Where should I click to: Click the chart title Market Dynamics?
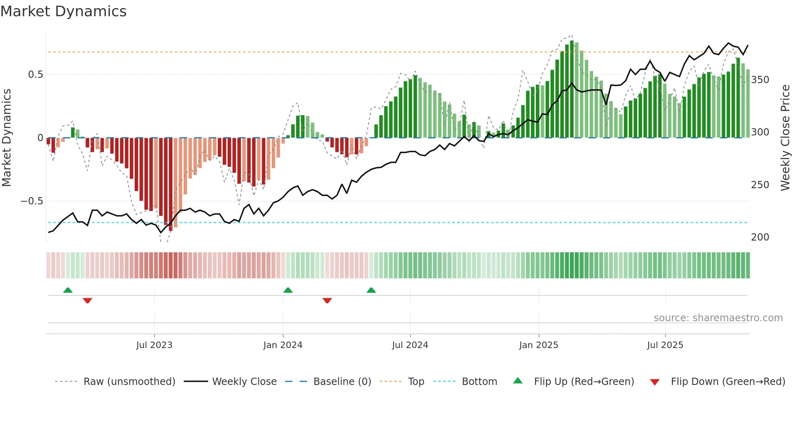pyautogui.click(x=63, y=11)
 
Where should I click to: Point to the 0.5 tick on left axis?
pyautogui.click(x=35, y=75)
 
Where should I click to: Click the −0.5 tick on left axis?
pyautogui.click(x=32, y=201)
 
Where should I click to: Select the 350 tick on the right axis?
pyautogui.click(x=760, y=80)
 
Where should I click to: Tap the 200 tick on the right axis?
pyautogui.click(x=760, y=237)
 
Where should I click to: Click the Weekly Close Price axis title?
pyautogui.click(x=785, y=138)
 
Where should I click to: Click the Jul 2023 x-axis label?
pyautogui.click(x=154, y=345)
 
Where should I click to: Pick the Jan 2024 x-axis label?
pyautogui.click(x=283, y=345)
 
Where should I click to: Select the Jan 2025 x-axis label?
pyautogui.click(x=539, y=345)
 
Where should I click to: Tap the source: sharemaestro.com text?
pyautogui.click(x=718, y=318)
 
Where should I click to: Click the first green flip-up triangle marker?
pyautogui.click(x=68, y=290)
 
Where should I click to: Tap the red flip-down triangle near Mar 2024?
pyautogui.click(x=327, y=301)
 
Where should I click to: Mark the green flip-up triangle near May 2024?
pyautogui.click(x=371, y=290)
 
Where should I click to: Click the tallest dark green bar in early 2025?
pyautogui.click(x=572, y=89)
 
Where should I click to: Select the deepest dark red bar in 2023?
pyautogui.click(x=171, y=185)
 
